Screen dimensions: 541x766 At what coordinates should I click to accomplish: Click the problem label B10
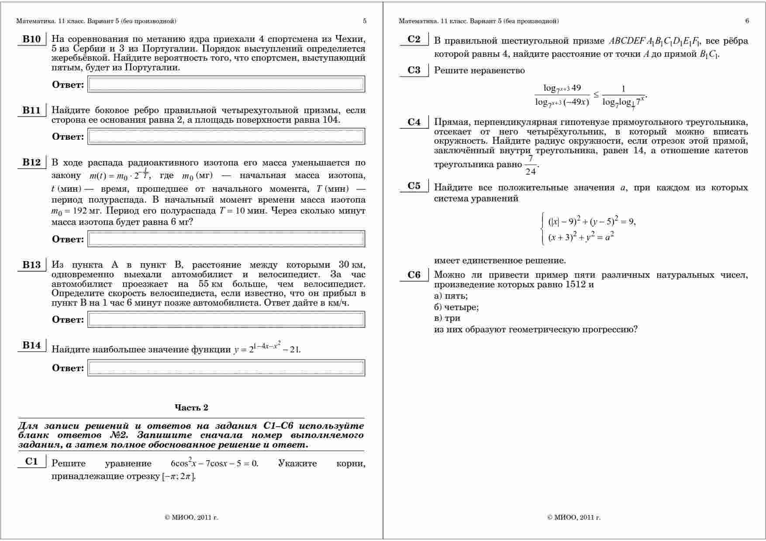click(31, 39)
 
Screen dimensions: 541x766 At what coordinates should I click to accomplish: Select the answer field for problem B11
click(226, 136)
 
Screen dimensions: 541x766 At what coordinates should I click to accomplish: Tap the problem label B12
click(31, 162)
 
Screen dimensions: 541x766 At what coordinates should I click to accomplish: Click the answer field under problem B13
click(226, 319)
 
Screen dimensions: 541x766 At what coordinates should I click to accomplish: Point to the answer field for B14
click(226, 368)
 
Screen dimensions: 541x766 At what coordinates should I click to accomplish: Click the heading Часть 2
click(191, 407)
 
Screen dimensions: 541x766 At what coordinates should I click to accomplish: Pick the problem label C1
click(31, 462)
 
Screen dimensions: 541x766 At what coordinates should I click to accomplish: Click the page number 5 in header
click(365, 21)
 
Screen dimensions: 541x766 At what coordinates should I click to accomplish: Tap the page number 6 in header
click(747, 21)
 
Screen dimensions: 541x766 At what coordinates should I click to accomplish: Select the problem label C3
click(414, 70)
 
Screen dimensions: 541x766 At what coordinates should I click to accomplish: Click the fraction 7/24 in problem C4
click(531, 165)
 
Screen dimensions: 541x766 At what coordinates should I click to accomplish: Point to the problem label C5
click(414, 186)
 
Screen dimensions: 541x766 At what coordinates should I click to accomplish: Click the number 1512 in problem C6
click(576, 285)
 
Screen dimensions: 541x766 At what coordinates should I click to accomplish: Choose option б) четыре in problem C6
click(456, 307)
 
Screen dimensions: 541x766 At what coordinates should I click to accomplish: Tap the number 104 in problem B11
click(331, 120)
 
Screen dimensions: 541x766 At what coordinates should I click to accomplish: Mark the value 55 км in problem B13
click(210, 284)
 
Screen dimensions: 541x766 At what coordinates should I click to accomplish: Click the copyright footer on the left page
click(191, 517)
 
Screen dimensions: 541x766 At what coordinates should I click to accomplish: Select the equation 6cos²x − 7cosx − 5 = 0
click(214, 463)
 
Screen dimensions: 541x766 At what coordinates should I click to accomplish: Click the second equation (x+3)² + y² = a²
click(581, 237)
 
